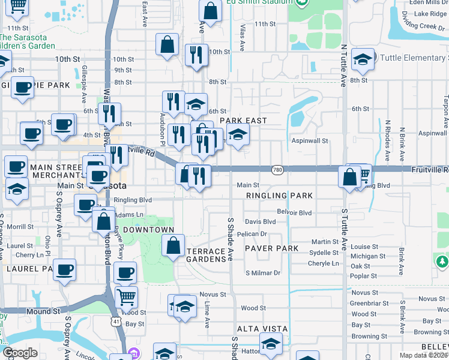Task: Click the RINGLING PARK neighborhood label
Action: (x=279, y=196)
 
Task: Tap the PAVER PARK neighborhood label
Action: (x=272, y=248)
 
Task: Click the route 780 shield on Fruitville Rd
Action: (x=277, y=170)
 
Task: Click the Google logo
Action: (x=20, y=353)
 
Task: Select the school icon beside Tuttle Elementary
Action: (x=362, y=59)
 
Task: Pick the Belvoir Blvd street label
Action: (x=294, y=212)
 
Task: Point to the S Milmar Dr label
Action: (x=263, y=273)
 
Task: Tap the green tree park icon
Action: (x=442, y=262)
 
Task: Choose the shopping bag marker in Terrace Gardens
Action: (x=172, y=245)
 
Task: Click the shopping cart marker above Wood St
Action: (x=126, y=296)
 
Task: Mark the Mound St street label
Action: (x=43, y=311)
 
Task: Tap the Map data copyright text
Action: (x=423, y=355)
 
